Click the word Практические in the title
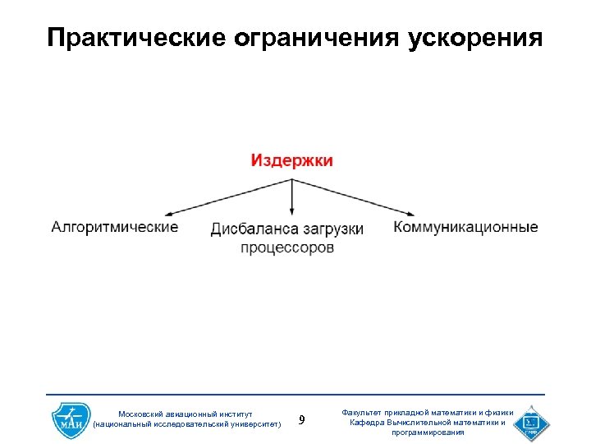(135, 38)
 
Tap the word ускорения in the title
(475, 38)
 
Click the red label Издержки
(292, 160)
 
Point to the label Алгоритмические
(115, 227)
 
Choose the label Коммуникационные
(465, 227)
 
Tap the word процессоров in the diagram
(287, 247)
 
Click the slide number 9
(301, 420)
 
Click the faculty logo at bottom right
(531, 421)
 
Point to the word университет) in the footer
(254, 424)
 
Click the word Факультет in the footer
(364, 413)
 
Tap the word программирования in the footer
(427, 432)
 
